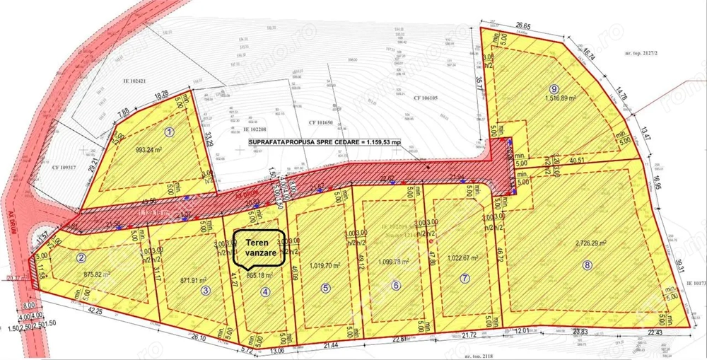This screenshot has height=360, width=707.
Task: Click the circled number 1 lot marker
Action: click(x=169, y=132)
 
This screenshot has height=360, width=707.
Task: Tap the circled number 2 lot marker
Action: click(x=83, y=257)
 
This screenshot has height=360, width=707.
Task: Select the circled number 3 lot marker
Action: click(x=205, y=289)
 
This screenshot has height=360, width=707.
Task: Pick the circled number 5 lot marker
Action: click(x=325, y=288)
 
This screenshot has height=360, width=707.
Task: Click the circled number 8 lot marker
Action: click(x=585, y=265)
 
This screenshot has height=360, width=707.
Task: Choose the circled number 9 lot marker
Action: click(x=554, y=88)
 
